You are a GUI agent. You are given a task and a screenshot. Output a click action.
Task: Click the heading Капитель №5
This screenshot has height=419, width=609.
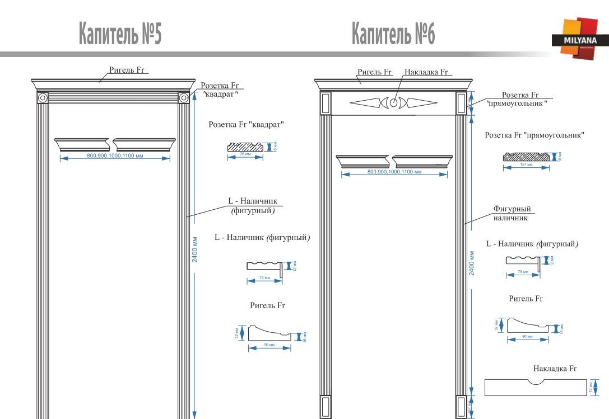pos(120,34)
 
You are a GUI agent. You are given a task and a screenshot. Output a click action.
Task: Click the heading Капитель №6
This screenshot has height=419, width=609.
pos(394,34)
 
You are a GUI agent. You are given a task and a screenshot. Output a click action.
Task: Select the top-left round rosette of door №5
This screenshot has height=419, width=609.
pos(42,98)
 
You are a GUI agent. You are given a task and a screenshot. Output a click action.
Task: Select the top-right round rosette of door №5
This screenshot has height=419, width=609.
pos(183,98)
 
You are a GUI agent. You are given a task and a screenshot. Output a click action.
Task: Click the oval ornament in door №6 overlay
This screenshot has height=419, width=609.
pos(394,103)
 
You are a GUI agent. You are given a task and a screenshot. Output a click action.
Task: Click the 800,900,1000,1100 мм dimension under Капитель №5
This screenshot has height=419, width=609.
pos(115,156)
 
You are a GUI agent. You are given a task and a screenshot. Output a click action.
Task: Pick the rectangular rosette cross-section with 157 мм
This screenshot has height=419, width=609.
pos(526,158)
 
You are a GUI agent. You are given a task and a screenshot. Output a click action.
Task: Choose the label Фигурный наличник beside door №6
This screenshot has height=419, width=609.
pos(512,213)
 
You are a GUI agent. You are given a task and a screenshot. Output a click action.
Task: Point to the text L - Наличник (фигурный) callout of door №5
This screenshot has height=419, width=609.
pos(253,205)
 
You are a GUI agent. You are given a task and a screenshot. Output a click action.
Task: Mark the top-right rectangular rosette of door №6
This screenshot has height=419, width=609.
pos(462,102)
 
